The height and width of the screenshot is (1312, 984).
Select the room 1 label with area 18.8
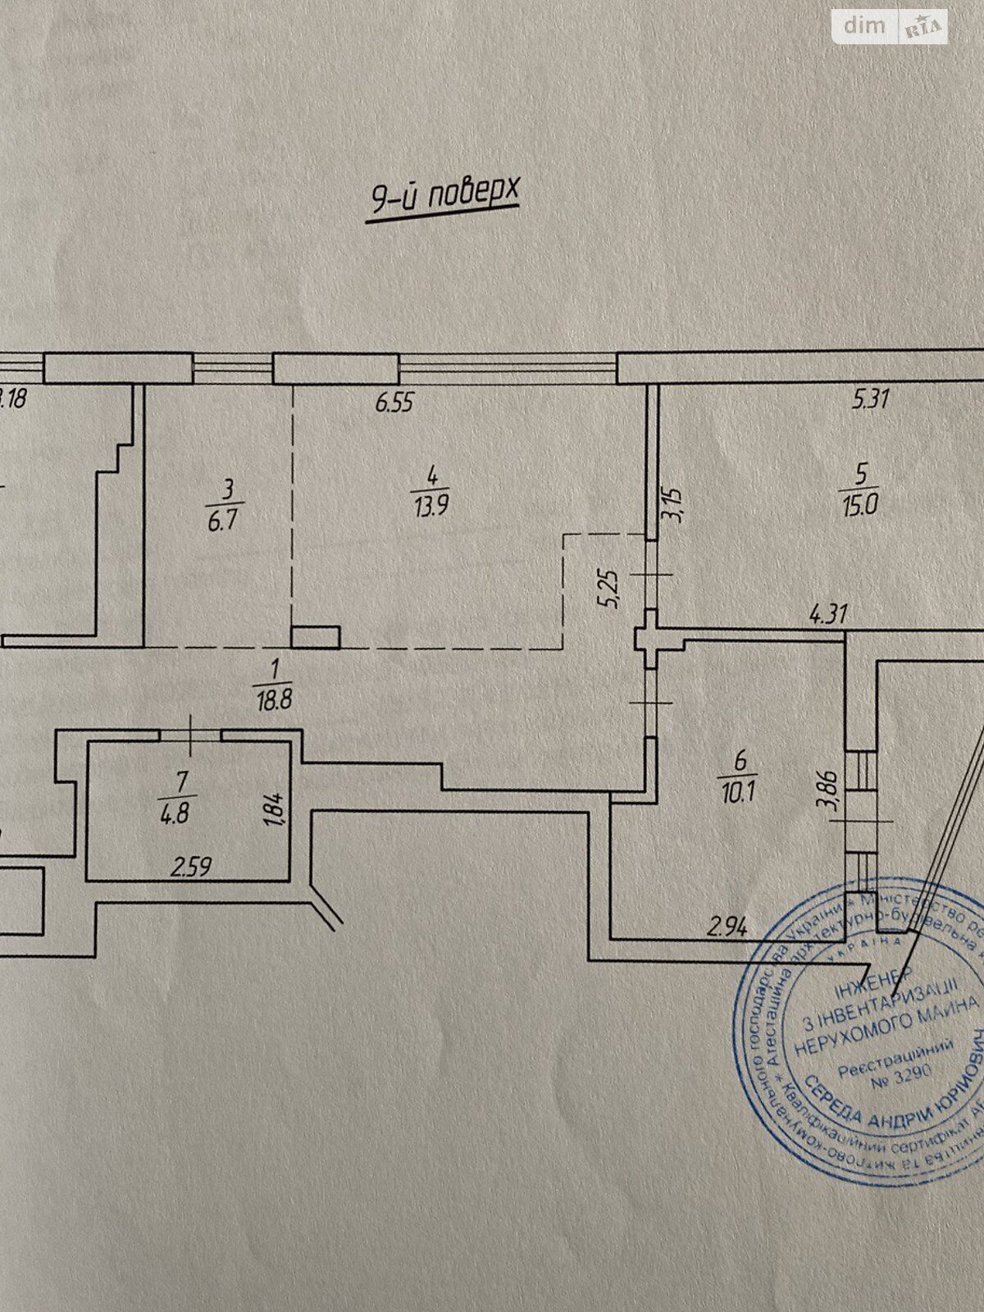pos(275,686)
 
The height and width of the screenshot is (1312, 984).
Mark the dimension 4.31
pos(828,614)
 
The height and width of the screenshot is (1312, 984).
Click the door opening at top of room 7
pos(190,735)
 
